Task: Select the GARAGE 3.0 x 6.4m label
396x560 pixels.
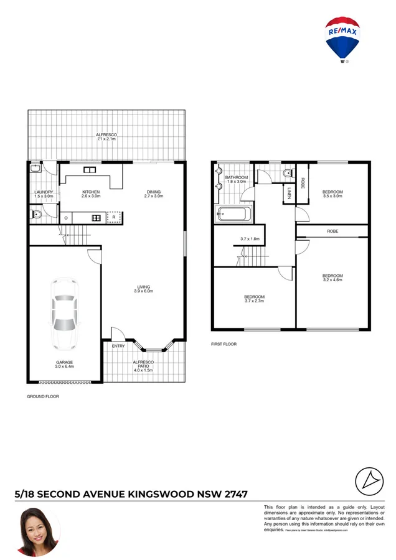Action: [x=64, y=365]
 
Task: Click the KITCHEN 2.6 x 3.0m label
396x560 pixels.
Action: [x=90, y=194]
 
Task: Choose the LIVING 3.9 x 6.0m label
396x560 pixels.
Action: [x=144, y=289]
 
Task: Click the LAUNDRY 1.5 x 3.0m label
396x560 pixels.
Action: [x=42, y=194]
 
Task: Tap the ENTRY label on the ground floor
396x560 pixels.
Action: [x=118, y=345]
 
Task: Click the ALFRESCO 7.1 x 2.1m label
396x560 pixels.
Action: [x=106, y=137]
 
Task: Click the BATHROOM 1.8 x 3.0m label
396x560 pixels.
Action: [x=237, y=180]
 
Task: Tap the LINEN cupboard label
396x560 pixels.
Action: [x=290, y=194]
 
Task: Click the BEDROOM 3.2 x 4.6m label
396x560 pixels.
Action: [x=332, y=278]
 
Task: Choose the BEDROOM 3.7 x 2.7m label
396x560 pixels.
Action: [x=254, y=299]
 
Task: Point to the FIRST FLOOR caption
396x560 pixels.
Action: [x=224, y=344]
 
